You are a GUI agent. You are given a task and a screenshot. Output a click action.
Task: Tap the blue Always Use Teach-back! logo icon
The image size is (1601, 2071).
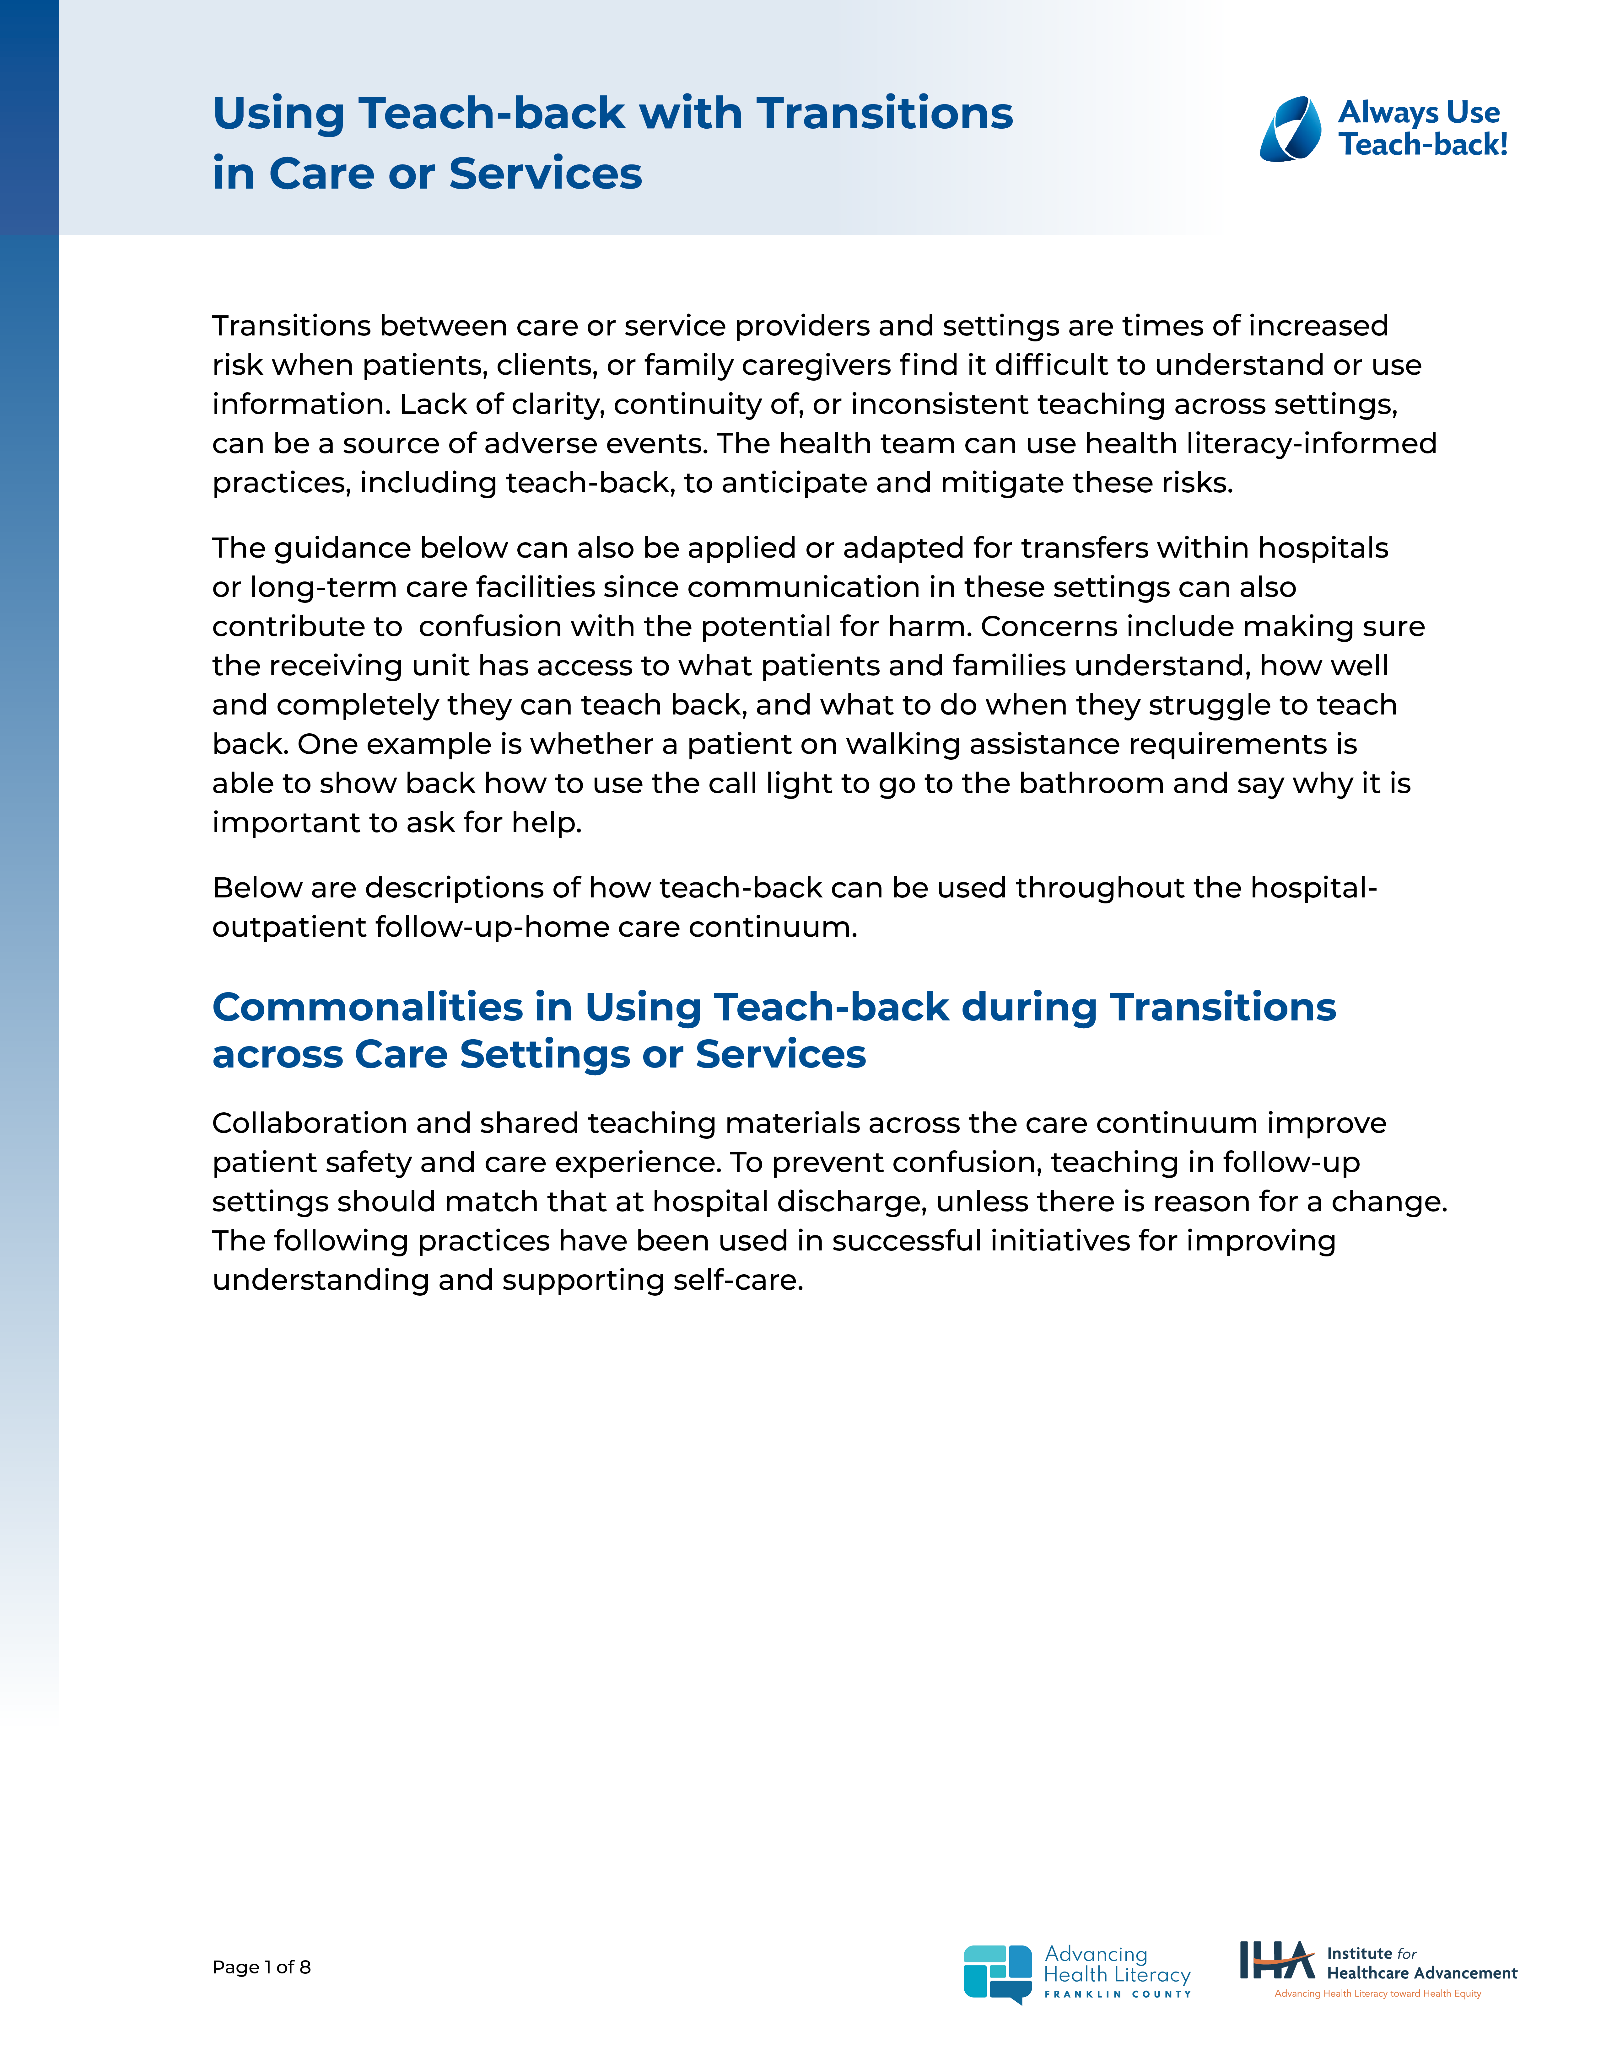pos(1290,129)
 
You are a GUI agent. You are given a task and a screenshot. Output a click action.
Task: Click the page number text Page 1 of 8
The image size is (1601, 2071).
pos(261,1967)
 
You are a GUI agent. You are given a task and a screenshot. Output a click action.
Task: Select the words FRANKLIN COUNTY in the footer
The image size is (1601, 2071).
pos(1117,1994)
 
